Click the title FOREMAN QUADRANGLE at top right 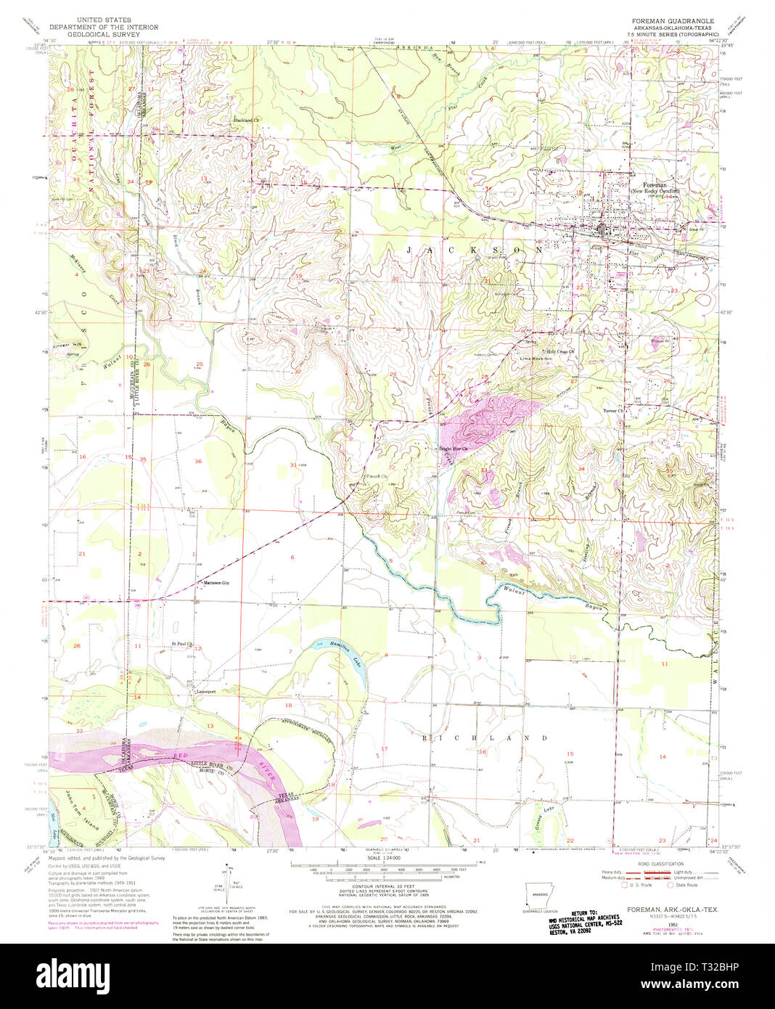(x=668, y=21)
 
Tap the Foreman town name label (x=644, y=185)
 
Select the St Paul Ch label (x=181, y=643)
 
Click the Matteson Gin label (x=216, y=583)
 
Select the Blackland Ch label (x=246, y=120)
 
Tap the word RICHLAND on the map (x=485, y=738)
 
